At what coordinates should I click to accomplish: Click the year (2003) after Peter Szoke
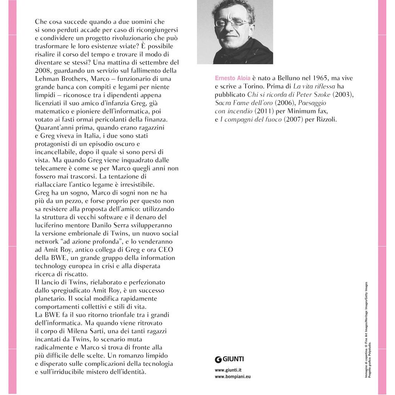coord(342,94)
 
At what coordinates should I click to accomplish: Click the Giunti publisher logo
coord(229,359)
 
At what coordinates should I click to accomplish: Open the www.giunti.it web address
coord(228,370)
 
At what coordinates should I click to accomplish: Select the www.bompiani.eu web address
coord(232,376)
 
